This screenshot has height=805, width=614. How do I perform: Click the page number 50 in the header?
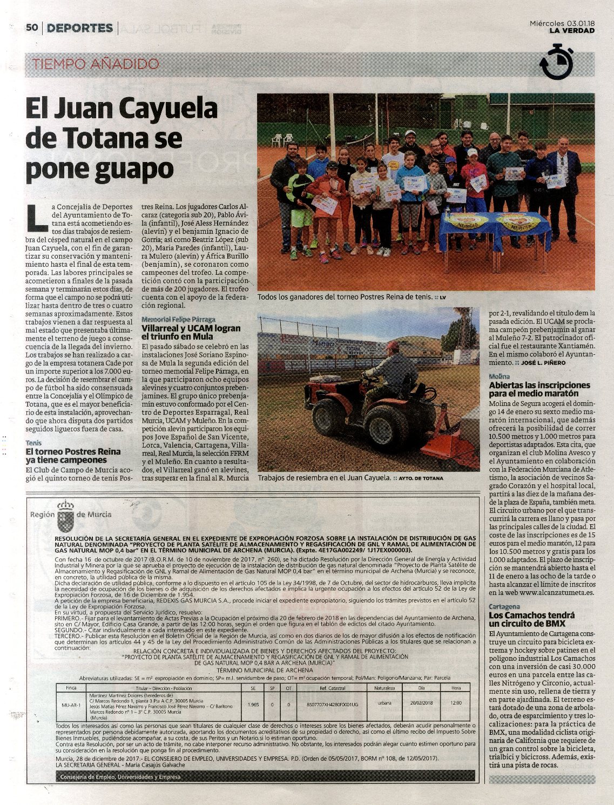(32, 28)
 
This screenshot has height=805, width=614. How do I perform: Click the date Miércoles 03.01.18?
(562, 23)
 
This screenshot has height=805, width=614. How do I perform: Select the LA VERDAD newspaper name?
(572, 31)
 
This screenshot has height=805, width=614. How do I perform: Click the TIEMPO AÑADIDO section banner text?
(96, 64)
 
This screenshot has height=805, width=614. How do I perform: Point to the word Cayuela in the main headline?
(167, 109)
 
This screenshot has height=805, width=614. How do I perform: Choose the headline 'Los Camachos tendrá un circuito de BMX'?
(531, 619)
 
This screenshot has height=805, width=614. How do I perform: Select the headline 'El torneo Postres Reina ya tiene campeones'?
(73, 456)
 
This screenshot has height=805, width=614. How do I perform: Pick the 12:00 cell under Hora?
(456, 703)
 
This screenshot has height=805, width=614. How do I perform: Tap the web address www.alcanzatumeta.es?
(549, 592)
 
